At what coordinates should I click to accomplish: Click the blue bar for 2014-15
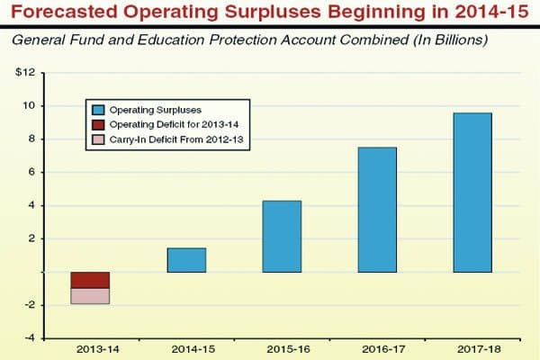pos(186,260)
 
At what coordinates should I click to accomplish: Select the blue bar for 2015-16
pos(282,237)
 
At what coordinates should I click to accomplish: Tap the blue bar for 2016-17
pos(377,210)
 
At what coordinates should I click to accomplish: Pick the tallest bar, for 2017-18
pos(472,193)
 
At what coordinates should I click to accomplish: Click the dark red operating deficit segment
pos(90,280)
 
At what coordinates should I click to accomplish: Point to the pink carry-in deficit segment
pos(90,296)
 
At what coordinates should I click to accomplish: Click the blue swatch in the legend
pos(97,110)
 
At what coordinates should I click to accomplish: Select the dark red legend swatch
pos(97,125)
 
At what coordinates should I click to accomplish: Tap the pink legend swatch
pos(97,140)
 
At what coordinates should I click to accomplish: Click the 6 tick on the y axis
pos(31,172)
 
